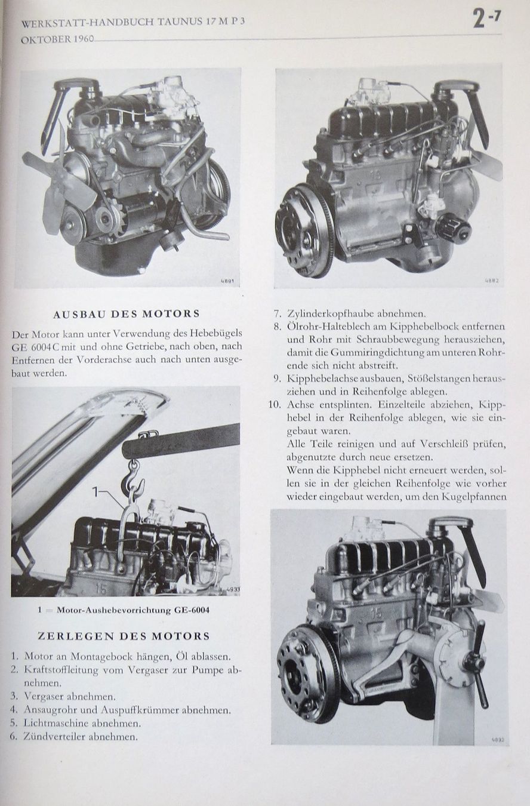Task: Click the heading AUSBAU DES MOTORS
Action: pyautogui.click(x=127, y=314)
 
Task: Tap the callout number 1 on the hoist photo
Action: pyautogui.click(x=95, y=491)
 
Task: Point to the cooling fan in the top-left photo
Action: pyautogui.click(x=54, y=187)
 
